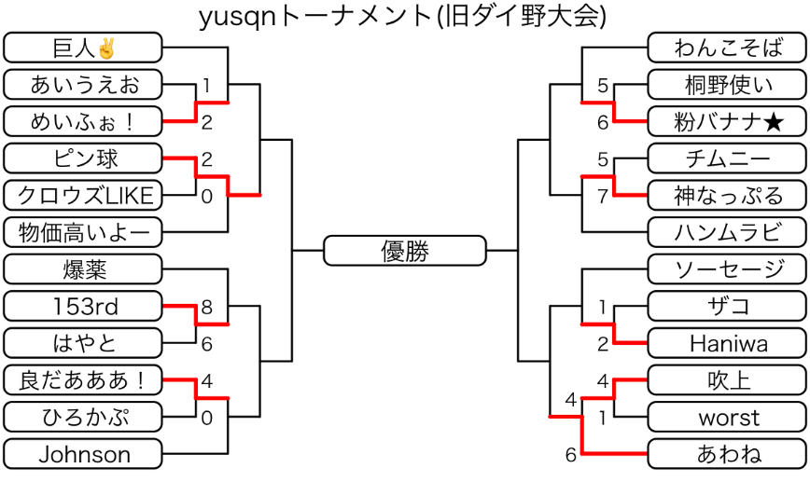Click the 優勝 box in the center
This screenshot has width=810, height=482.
[x=405, y=251]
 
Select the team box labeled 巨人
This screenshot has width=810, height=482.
[x=83, y=48]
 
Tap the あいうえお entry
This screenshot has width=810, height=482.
[x=83, y=85]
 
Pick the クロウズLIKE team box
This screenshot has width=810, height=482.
[x=83, y=195]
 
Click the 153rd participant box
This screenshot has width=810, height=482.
[x=83, y=306]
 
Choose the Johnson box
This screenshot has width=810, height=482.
[x=83, y=454]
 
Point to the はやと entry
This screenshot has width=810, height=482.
[x=83, y=343]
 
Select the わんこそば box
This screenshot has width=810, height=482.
[x=725, y=48]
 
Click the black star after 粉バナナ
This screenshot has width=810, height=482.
[x=773, y=121]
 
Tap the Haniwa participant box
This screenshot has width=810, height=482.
[x=725, y=343]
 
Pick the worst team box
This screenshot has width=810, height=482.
[x=725, y=417]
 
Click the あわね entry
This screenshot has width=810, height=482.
[x=725, y=454]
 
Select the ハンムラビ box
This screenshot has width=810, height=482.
[x=725, y=232]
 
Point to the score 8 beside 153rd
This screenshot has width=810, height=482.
[x=206, y=307]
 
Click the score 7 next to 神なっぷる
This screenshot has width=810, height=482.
[x=603, y=196]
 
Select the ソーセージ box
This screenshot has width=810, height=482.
[x=725, y=269]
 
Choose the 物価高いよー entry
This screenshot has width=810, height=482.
[x=83, y=232]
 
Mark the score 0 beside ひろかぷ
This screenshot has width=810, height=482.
[x=206, y=418]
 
